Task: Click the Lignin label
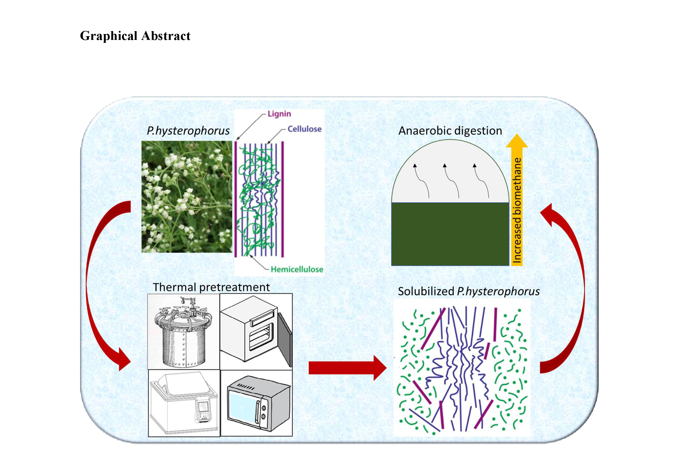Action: click(x=279, y=114)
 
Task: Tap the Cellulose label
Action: click(x=304, y=129)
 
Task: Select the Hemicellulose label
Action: click(x=297, y=269)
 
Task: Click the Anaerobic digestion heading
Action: click(x=450, y=131)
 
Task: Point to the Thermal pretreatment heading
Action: click(x=211, y=287)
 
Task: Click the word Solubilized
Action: click(x=426, y=292)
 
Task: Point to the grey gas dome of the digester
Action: click(x=450, y=174)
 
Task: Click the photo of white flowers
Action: click(x=187, y=197)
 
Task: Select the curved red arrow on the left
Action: click(x=98, y=284)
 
